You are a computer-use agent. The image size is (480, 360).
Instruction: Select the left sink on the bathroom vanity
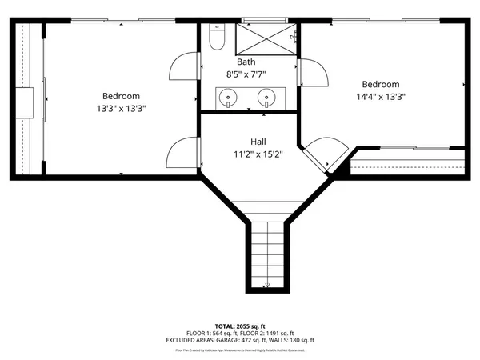(230, 98)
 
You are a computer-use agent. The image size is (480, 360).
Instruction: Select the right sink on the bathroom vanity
(265, 98)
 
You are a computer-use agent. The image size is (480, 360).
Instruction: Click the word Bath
(246, 62)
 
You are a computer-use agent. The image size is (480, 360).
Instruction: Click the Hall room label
(246, 141)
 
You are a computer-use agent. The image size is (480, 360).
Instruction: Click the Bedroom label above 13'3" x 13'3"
(121, 96)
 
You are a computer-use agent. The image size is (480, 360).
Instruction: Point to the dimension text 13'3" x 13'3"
(121, 108)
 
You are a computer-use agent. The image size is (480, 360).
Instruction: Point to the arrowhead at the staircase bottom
(267, 284)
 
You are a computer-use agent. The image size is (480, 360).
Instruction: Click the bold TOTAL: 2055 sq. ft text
(240, 326)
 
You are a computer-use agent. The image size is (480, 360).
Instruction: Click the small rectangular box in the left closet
(27, 102)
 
